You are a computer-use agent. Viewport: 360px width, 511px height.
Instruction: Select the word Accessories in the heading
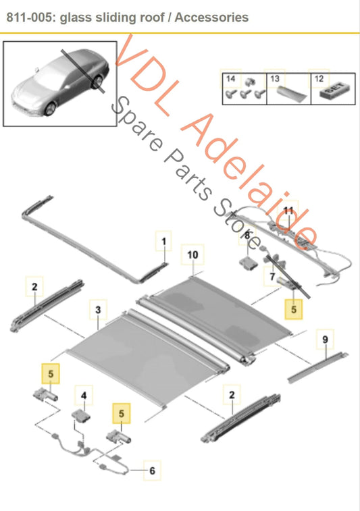coord(211,18)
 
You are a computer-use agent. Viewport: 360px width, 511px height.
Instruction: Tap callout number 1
coord(163,242)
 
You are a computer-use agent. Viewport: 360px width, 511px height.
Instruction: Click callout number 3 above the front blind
coord(98,310)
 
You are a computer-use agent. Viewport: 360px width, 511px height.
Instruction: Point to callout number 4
coord(84,396)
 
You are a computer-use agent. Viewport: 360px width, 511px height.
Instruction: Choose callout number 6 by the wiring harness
coord(152,470)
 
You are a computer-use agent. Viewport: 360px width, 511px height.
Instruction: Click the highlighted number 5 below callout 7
coord(294,309)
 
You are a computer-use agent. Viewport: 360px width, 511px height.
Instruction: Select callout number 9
coord(325,340)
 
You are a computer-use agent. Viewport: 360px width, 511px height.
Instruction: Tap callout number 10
coord(192,254)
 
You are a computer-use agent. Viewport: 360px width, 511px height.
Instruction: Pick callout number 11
coord(288,210)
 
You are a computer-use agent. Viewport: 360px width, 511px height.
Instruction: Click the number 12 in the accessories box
coord(319,79)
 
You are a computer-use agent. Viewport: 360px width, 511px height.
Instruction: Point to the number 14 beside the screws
coord(230,79)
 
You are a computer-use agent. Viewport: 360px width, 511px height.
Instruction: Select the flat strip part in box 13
coord(292,92)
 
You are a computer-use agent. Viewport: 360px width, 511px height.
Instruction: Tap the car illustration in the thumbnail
coord(60,83)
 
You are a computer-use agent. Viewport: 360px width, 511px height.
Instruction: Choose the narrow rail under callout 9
coord(317,366)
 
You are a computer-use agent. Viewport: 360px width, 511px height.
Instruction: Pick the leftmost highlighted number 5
coord(51,373)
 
